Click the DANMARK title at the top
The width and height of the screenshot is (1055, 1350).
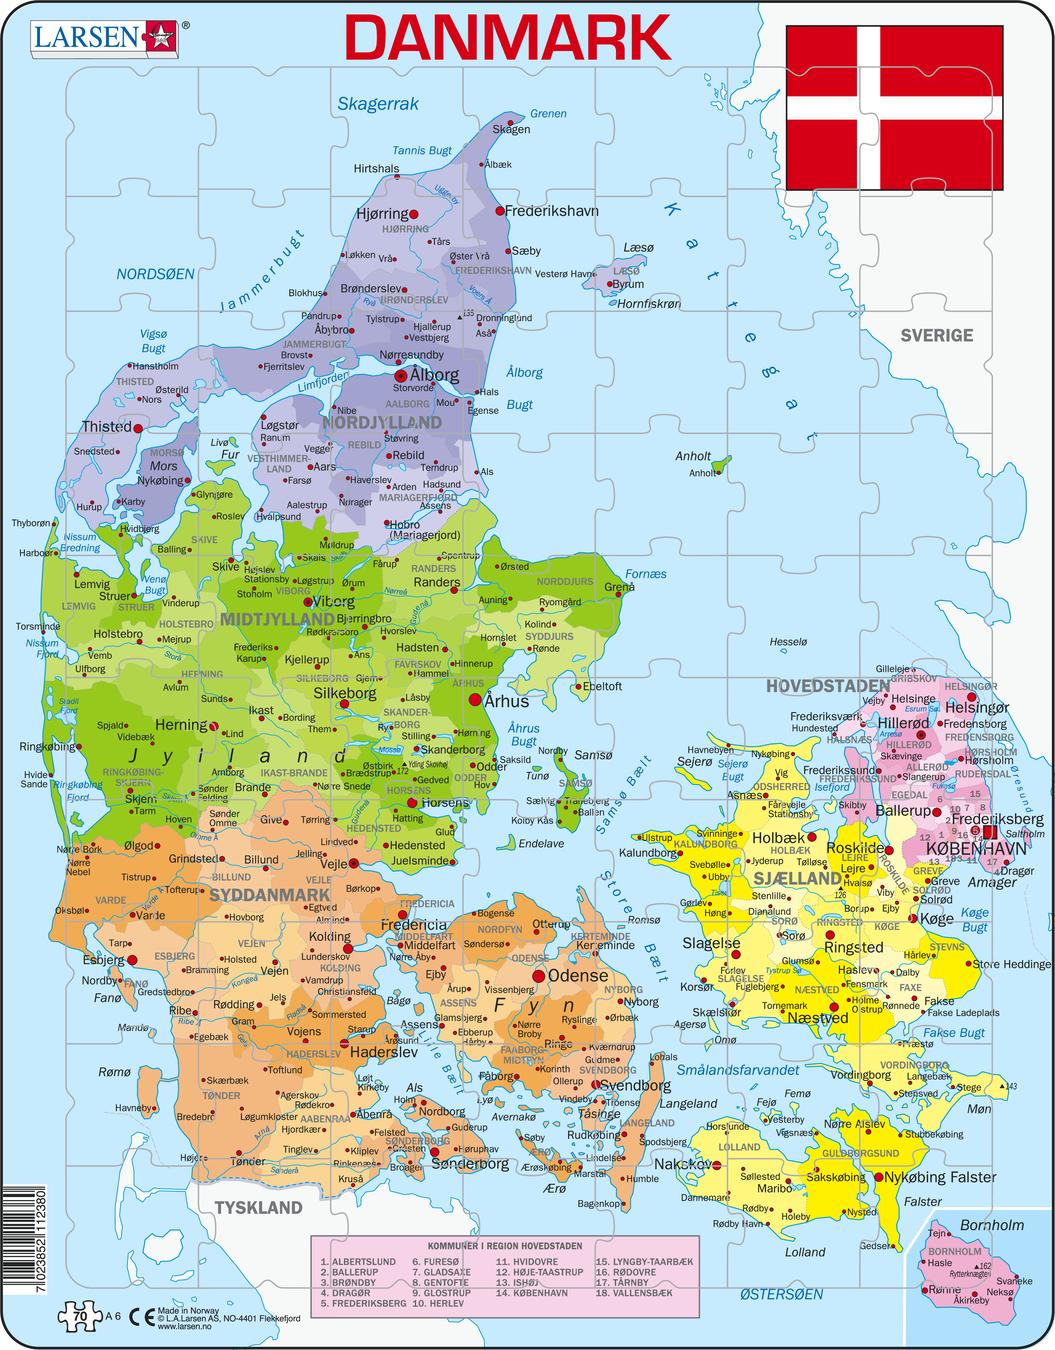point(508,37)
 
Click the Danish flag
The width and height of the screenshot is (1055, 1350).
point(894,107)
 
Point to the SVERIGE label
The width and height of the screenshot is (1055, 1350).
point(936,335)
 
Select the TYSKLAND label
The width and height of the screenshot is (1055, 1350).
point(258,1207)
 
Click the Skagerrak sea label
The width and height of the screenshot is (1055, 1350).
point(377,103)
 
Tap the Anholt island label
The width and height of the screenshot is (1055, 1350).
point(693,456)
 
